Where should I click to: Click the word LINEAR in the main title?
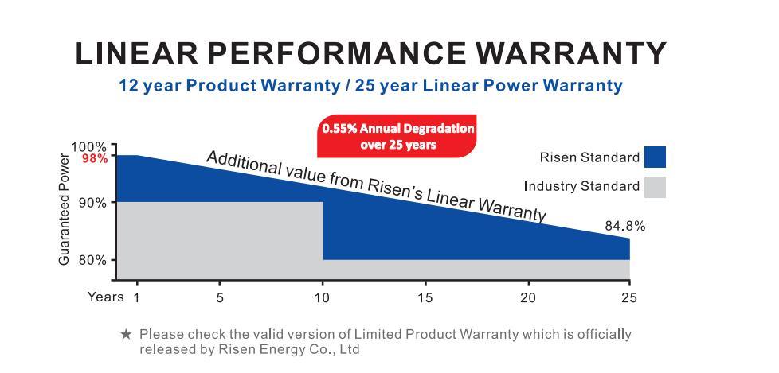(x=136, y=53)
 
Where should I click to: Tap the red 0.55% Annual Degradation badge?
(x=397, y=137)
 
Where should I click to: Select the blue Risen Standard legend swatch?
(x=656, y=157)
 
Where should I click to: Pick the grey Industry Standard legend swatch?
(x=656, y=188)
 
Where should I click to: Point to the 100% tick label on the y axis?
(x=88, y=147)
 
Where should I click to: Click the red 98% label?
(x=94, y=159)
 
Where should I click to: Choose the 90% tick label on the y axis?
(x=92, y=203)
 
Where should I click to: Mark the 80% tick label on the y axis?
(x=92, y=260)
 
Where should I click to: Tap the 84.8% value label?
(x=624, y=227)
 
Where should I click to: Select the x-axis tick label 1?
(x=137, y=297)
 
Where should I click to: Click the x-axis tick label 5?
(x=220, y=297)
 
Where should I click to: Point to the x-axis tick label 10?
(x=322, y=297)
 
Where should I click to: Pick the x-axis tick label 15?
(x=425, y=297)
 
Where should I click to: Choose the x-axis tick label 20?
(x=527, y=297)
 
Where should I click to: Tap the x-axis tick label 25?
(x=629, y=297)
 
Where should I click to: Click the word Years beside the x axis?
(x=105, y=297)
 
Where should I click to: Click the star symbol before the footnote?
(x=126, y=335)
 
